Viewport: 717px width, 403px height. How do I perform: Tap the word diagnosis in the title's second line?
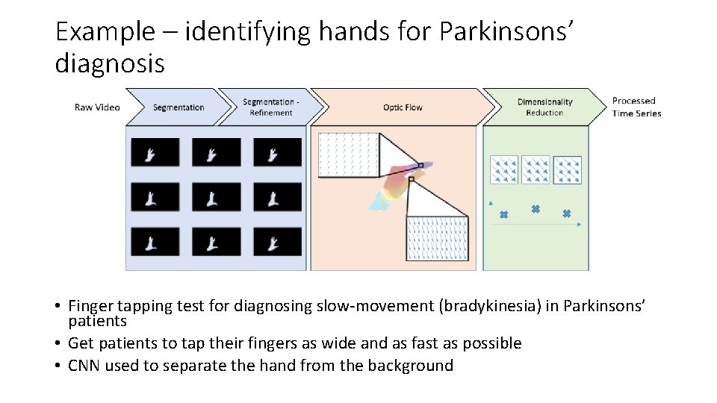coord(110,63)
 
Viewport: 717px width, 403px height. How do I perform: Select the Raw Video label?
coord(97,107)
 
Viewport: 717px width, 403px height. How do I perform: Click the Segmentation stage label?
coord(179,107)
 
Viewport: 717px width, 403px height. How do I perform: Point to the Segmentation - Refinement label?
coord(271,107)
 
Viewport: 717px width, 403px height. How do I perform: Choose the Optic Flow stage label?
coord(403,107)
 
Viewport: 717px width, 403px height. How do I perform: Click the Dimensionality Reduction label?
coord(544,107)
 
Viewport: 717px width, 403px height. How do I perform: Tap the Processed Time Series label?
coord(636,107)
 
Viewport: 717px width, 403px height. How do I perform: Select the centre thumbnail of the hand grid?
coord(217,197)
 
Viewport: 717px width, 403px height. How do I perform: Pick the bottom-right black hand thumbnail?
coord(278,242)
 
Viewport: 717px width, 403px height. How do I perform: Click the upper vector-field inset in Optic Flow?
coord(348,155)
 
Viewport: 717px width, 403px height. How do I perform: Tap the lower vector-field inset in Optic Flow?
coord(437,238)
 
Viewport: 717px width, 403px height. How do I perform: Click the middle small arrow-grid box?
coord(536,169)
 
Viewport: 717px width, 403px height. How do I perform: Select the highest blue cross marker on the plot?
coord(536,209)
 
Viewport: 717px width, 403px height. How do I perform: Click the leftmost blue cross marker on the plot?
coord(503,215)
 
